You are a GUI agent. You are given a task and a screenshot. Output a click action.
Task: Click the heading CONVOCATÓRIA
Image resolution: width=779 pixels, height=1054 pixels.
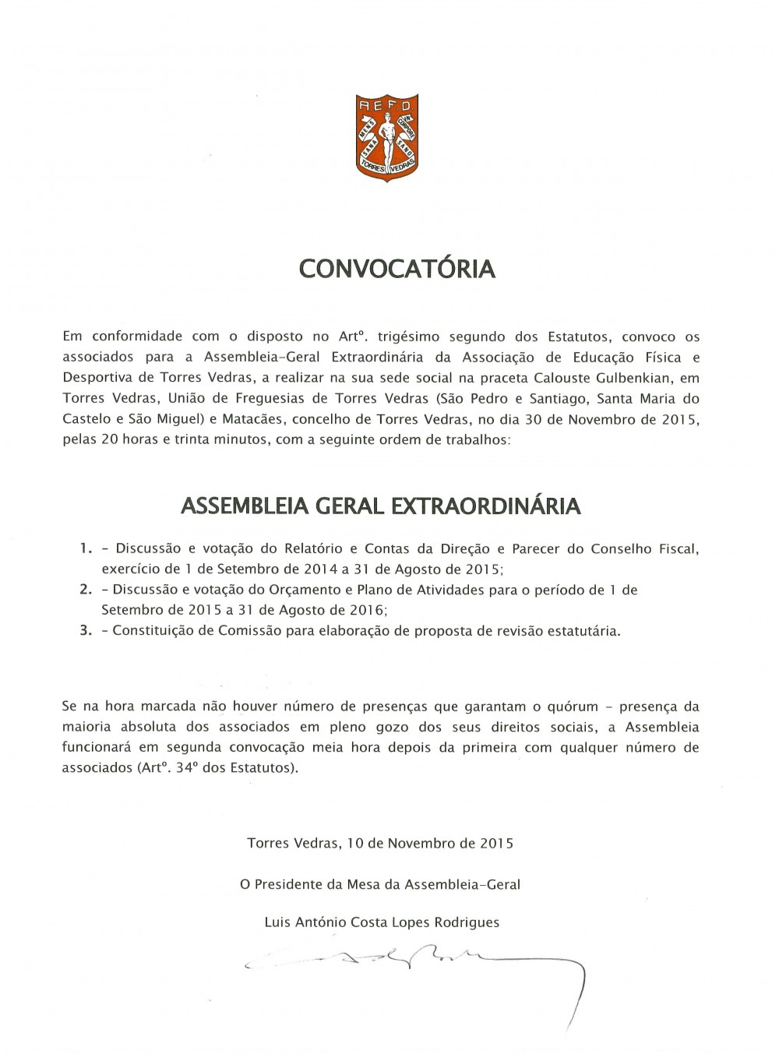397,269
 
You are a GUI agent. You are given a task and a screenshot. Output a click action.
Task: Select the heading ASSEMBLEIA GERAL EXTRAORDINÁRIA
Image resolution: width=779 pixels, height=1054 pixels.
381,506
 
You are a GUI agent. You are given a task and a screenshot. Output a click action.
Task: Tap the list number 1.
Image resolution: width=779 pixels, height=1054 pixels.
86,549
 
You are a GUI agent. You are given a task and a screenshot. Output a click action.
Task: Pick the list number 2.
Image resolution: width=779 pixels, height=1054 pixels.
86,590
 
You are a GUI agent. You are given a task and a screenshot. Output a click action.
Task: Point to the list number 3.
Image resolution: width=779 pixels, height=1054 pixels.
86,631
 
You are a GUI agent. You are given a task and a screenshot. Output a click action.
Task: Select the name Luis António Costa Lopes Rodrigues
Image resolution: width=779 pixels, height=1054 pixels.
382,922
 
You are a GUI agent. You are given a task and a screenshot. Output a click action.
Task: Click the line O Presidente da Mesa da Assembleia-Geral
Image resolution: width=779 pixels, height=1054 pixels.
381,884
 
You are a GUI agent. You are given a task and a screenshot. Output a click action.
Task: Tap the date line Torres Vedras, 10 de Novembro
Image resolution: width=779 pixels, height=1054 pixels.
380,843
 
